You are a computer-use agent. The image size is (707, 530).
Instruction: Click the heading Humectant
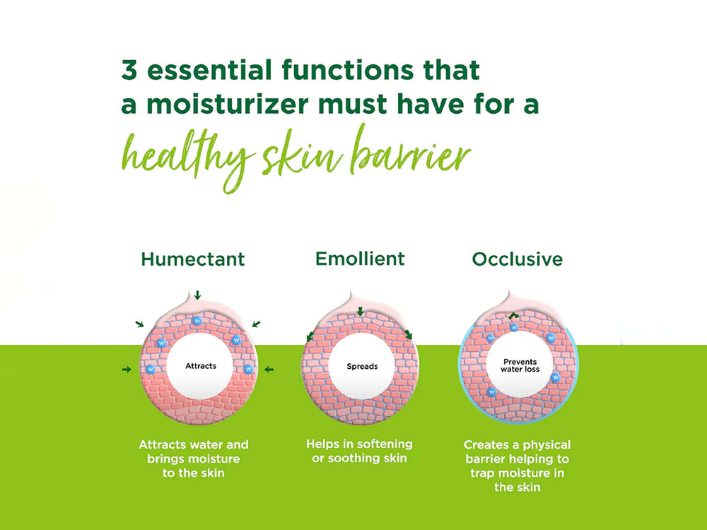pyautogui.click(x=192, y=259)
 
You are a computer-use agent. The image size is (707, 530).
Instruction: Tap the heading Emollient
pyautogui.click(x=360, y=259)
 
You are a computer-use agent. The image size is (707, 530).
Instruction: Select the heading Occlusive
pyautogui.click(x=517, y=259)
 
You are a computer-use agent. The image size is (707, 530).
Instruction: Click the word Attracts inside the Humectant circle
pyautogui.click(x=201, y=366)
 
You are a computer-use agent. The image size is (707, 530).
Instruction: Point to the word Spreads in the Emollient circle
pyautogui.click(x=362, y=367)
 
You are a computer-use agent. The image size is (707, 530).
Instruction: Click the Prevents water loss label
pyautogui.click(x=520, y=366)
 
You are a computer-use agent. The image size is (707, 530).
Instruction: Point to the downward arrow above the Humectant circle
pyautogui.click(x=198, y=294)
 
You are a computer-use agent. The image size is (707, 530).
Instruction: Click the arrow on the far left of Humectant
pyautogui.click(x=127, y=369)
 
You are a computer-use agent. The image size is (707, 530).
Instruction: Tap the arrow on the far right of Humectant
pyautogui.click(x=269, y=369)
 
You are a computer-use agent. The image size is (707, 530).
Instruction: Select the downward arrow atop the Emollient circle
pyautogui.click(x=360, y=312)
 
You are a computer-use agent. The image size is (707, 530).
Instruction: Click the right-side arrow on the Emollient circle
pyautogui.click(x=408, y=334)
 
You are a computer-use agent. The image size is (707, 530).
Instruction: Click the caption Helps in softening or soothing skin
pyautogui.click(x=359, y=451)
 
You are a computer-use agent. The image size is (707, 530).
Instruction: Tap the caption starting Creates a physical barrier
pyautogui.click(x=517, y=466)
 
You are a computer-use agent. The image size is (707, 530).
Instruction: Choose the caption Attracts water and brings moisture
pyautogui.click(x=193, y=459)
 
